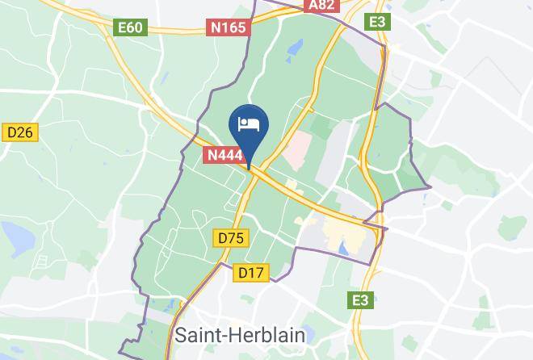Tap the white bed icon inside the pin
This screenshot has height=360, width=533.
[x=249, y=124]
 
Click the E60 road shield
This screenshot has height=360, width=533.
[x=130, y=28]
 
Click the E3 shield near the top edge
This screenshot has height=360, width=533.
[x=376, y=22]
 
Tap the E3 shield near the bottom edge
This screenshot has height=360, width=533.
[x=361, y=300]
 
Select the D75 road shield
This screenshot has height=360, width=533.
[x=232, y=238]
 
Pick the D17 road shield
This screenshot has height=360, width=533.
[x=251, y=273]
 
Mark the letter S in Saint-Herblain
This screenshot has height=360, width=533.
[x=181, y=335]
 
